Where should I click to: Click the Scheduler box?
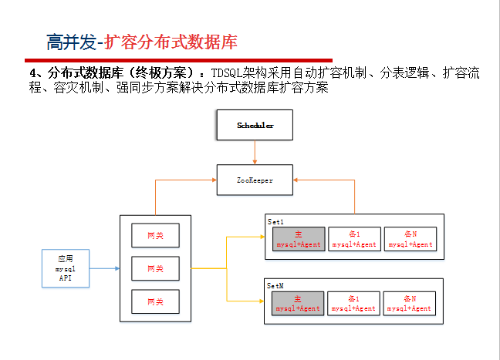click(255, 124)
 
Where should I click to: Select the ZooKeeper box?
click(255, 180)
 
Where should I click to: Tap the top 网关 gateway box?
click(155, 234)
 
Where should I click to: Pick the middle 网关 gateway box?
click(155, 268)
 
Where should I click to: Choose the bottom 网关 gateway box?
click(155, 301)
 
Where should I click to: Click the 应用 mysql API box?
click(66, 269)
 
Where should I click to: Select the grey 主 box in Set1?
click(298, 239)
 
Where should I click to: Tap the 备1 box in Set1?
click(354, 239)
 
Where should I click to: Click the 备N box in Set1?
click(410, 239)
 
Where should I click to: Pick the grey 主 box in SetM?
click(298, 303)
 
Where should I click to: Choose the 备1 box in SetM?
click(354, 303)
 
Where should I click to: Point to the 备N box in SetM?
click(410, 303)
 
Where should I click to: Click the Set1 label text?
click(276, 221)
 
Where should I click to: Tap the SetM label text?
click(276, 284)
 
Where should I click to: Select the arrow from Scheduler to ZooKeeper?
click(255, 152)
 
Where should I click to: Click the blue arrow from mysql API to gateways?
click(105, 269)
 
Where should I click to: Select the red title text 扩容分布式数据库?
click(171, 41)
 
